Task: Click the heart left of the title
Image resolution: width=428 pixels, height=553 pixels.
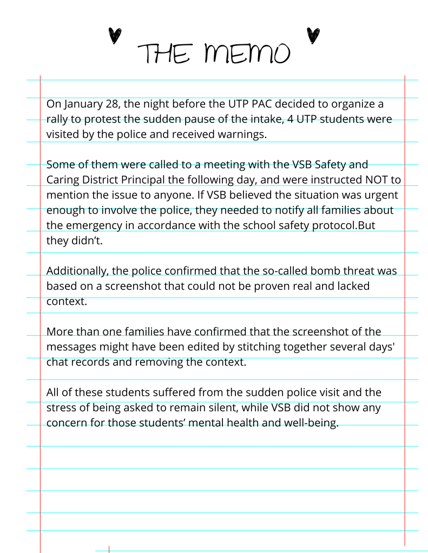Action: (x=114, y=36)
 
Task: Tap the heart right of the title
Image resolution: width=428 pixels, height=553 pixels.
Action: (x=312, y=35)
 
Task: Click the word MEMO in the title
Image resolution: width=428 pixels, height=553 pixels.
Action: (x=247, y=53)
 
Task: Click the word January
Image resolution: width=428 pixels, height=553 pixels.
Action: (x=83, y=104)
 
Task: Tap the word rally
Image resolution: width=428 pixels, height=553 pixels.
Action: (x=58, y=119)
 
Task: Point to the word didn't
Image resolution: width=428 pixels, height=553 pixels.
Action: (x=85, y=240)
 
